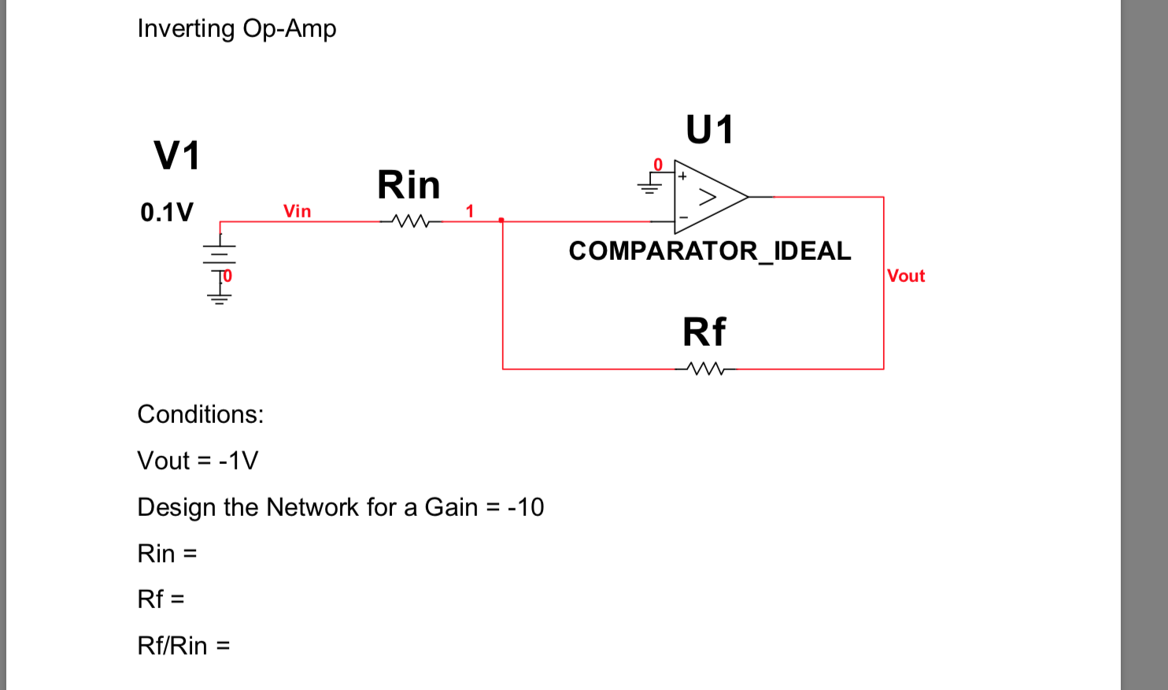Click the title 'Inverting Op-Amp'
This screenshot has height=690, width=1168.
(x=236, y=28)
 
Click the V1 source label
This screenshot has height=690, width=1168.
(x=177, y=155)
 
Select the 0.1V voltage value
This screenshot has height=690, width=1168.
(x=166, y=212)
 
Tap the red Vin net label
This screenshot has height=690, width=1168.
(x=297, y=211)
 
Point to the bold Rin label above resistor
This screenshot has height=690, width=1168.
(x=408, y=185)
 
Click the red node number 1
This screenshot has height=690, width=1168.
(x=470, y=211)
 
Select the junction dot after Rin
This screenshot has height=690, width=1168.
(x=501, y=221)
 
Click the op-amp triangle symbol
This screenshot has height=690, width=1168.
(x=708, y=197)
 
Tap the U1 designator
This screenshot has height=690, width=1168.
(x=709, y=130)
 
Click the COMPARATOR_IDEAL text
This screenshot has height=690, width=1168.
(x=709, y=250)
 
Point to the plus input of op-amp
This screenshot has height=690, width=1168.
(x=682, y=176)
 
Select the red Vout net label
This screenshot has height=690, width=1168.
(x=906, y=276)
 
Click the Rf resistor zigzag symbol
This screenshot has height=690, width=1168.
(x=705, y=369)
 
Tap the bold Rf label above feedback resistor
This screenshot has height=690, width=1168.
(x=704, y=332)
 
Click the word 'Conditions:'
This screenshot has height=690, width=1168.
(x=201, y=414)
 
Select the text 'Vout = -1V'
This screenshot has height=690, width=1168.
(x=198, y=461)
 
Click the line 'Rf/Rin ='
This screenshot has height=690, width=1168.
(x=183, y=646)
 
